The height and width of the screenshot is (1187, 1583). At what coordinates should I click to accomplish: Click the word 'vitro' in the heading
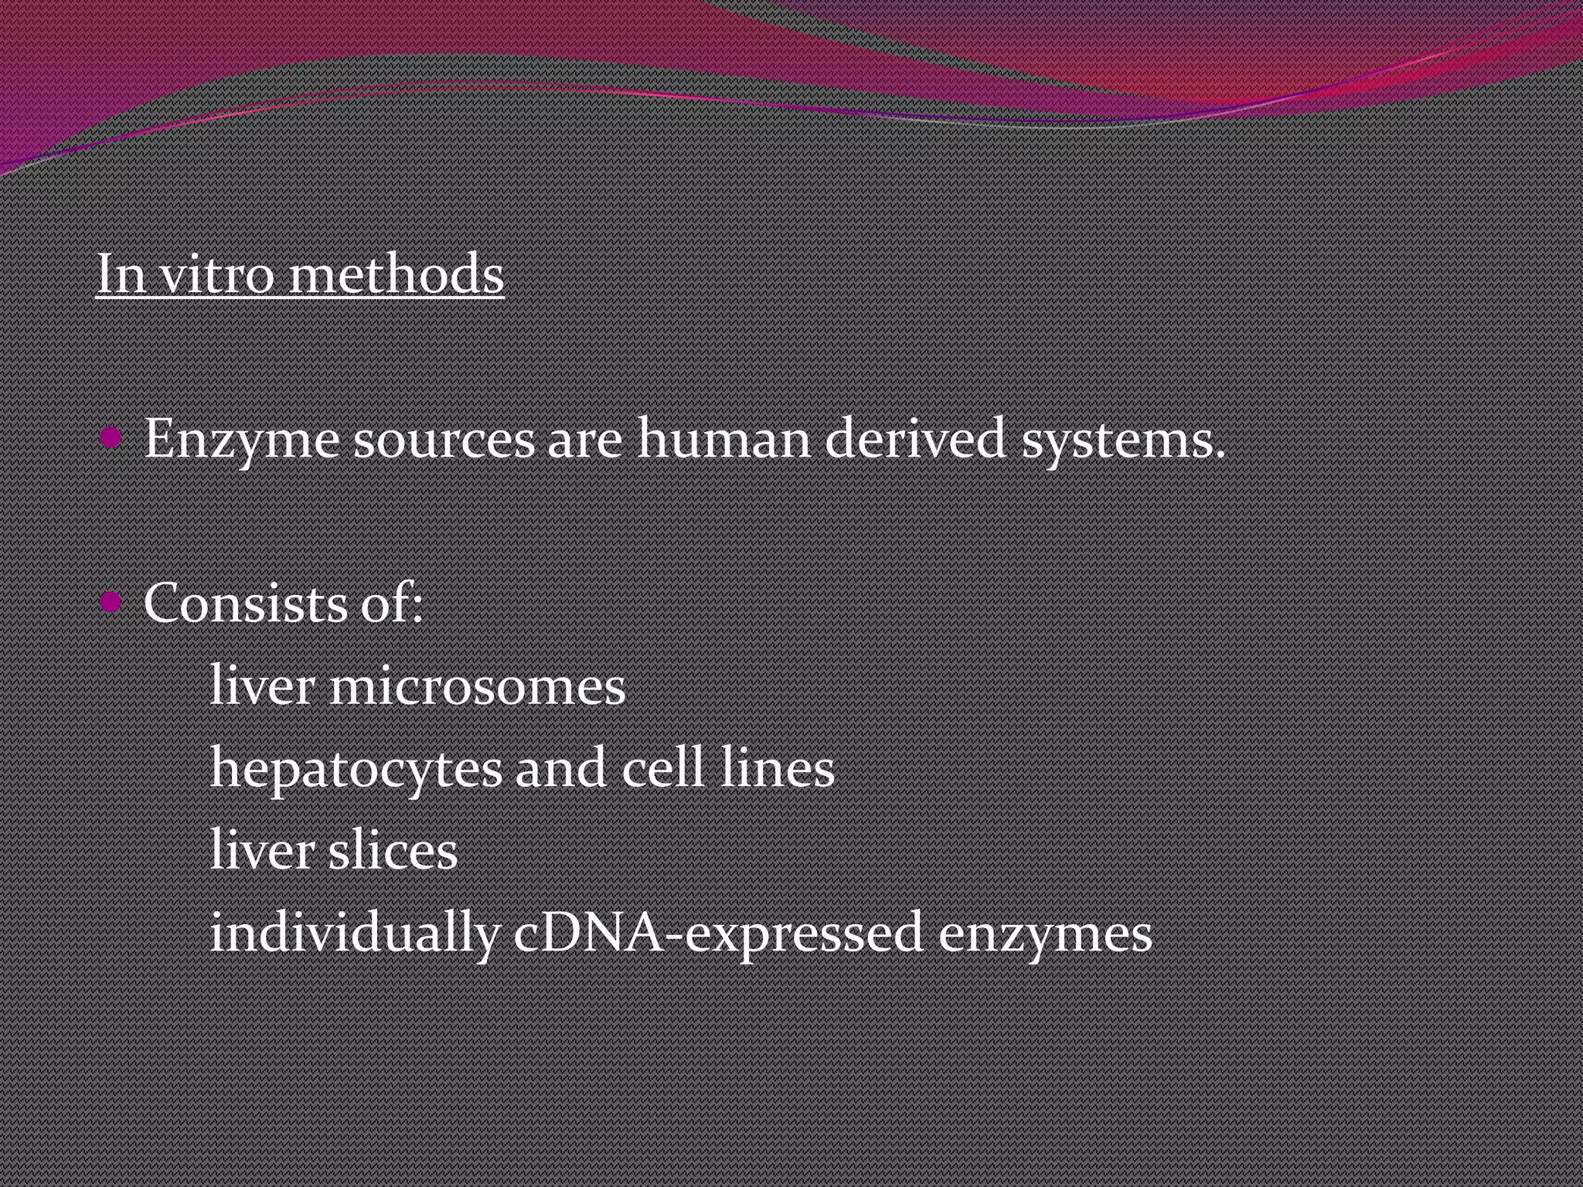point(216,274)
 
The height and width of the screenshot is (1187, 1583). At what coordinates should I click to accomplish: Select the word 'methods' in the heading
point(396,274)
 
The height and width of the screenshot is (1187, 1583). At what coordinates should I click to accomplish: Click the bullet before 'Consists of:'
point(111,601)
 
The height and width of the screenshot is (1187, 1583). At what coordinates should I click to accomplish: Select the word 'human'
point(723,439)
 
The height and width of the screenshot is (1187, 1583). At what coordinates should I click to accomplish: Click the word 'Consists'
point(245,603)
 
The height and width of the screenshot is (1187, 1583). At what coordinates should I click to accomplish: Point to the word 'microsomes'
point(477,687)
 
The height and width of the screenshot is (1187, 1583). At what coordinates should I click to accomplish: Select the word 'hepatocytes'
point(356,770)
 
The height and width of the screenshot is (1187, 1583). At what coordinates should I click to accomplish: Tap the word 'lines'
point(777,769)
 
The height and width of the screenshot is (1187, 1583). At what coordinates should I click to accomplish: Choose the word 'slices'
point(393,851)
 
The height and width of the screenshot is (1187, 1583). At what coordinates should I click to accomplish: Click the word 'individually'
point(354,933)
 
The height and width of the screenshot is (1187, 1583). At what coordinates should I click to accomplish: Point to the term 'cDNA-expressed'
point(718,933)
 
